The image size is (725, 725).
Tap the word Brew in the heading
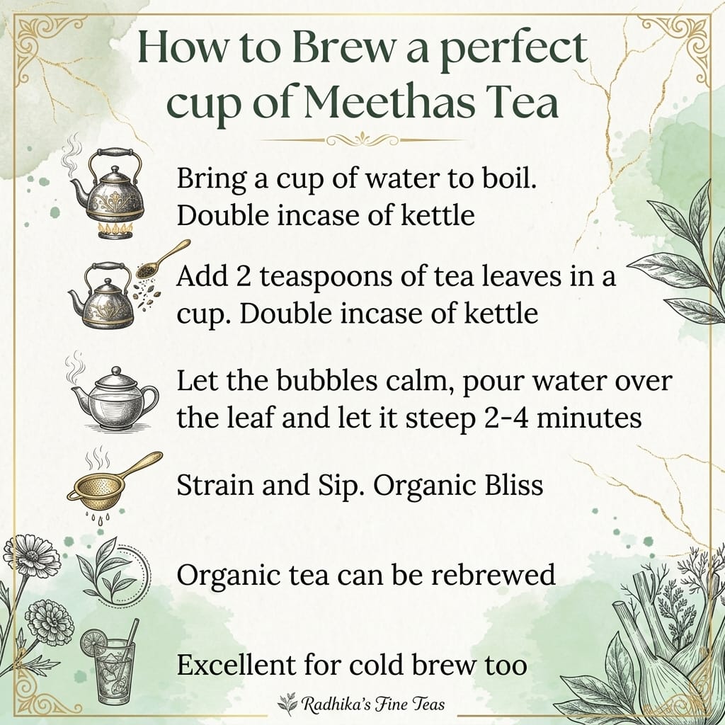[x=343, y=47]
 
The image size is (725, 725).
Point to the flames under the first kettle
[x=115, y=230]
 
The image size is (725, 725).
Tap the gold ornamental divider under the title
[x=362, y=139]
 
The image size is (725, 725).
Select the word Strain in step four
[x=215, y=486]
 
